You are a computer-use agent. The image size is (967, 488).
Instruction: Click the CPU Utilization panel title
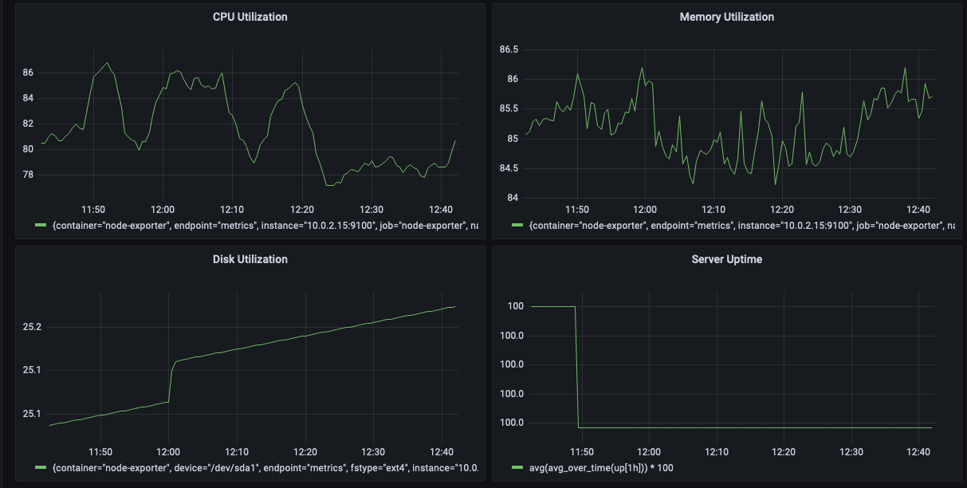250,17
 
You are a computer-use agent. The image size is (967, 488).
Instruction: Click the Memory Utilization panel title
726,17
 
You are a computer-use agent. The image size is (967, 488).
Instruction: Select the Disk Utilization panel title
250,259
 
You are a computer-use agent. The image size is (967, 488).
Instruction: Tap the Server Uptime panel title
726,259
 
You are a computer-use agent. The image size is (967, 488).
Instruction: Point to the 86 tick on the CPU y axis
28,73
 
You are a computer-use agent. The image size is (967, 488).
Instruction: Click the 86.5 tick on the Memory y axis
508,49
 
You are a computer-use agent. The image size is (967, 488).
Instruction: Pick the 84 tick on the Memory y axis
513,198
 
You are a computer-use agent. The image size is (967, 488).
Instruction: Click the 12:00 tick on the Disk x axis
168,451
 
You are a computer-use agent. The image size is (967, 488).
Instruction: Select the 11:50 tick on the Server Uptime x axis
581,451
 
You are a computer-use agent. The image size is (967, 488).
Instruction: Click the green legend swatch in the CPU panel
41,226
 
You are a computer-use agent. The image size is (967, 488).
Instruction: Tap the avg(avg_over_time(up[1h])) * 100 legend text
596,467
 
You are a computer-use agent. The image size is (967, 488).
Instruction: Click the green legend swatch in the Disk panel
41,467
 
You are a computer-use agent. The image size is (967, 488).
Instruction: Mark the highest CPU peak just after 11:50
107,62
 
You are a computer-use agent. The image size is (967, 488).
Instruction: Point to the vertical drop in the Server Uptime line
576,367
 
